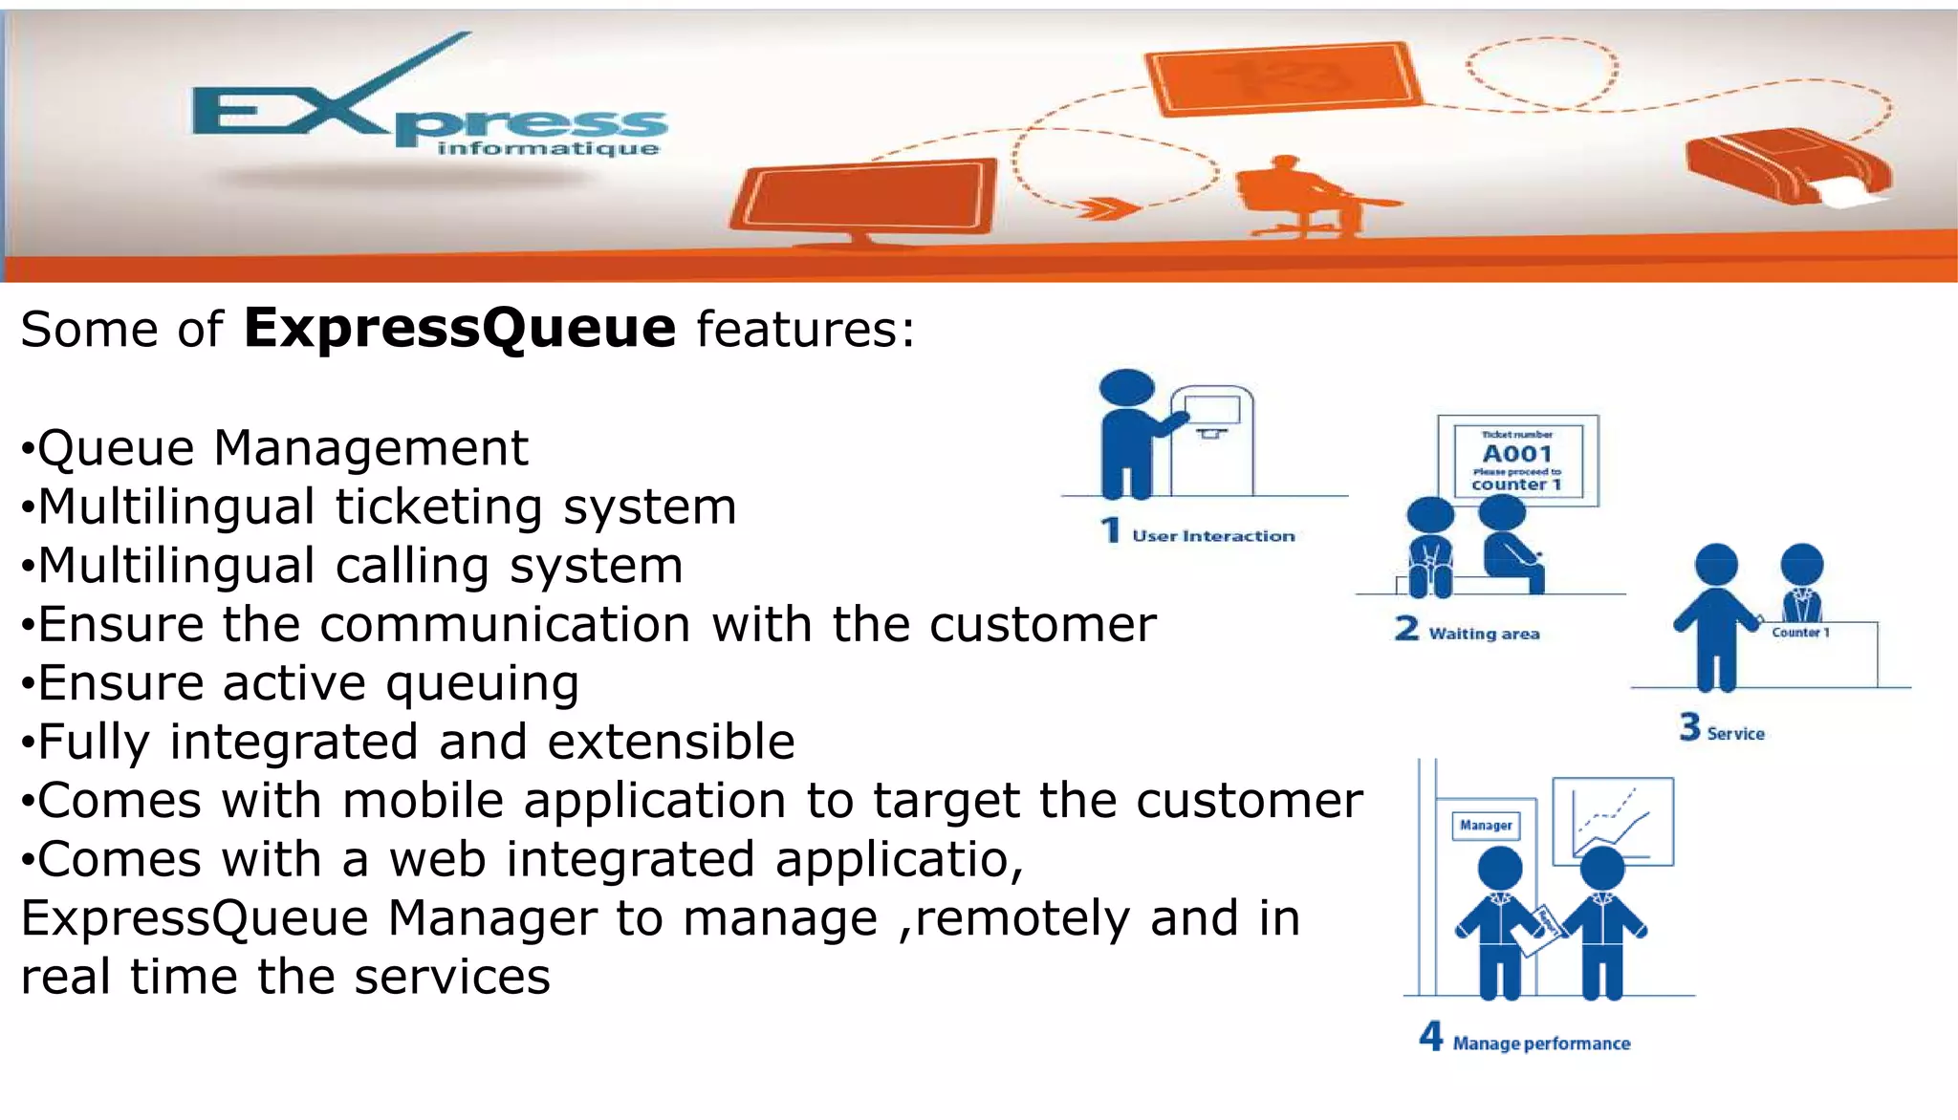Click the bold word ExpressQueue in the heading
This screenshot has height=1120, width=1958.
point(460,329)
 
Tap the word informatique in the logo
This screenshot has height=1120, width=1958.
point(548,149)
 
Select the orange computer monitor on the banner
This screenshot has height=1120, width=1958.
point(865,200)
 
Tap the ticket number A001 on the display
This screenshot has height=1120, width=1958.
point(1516,453)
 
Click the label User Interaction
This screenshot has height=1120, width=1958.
point(1213,536)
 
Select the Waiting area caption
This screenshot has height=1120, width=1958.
point(1484,634)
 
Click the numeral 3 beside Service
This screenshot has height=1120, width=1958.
point(1689,727)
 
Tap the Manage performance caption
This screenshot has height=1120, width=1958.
point(1541,1044)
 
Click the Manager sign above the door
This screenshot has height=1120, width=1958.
point(1486,825)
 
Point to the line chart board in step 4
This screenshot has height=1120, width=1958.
point(1613,821)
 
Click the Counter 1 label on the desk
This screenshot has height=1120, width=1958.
point(1800,633)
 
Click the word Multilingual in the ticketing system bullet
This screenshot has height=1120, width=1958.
point(177,506)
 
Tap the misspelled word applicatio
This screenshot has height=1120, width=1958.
point(899,859)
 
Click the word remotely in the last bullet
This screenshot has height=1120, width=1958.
point(1022,918)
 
